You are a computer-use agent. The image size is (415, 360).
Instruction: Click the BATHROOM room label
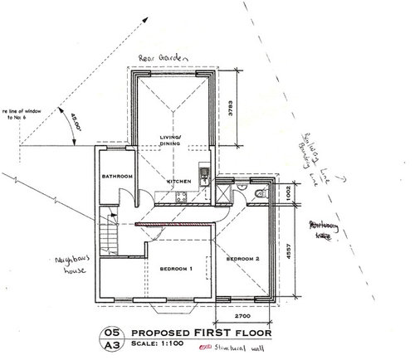(x=117, y=177)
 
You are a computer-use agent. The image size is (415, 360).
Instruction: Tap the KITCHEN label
(x=179, y=181)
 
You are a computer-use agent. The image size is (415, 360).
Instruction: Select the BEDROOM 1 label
(x=175, y=269)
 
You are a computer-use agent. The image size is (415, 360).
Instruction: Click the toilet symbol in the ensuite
(x=261, y=192)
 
